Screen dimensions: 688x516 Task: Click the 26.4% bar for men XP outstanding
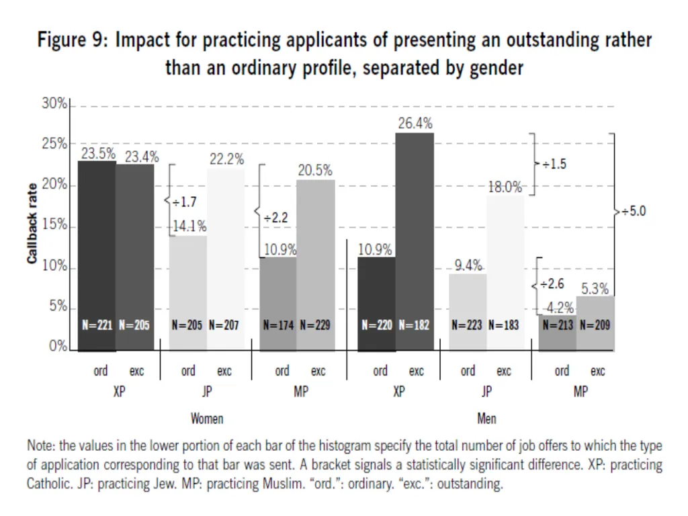[415, 242]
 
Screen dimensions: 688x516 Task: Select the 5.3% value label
[595, 289]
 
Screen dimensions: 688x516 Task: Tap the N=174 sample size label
[278, 325]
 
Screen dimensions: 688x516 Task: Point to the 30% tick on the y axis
[54, 103]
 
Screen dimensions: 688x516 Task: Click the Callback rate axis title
[32, 224]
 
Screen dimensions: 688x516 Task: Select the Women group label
[207, 419]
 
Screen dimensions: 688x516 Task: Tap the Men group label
[486, 419]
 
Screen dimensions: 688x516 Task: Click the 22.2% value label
[227, 159]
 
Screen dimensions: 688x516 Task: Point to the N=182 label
[414, 325]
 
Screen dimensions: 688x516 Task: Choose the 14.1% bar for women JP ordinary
[188, 294]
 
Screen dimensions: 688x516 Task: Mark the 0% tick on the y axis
[58, 346]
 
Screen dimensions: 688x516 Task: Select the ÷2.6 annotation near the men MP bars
[552, 284]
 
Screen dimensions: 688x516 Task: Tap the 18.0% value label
[505, 187]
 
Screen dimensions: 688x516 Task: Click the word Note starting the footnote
[40, 446]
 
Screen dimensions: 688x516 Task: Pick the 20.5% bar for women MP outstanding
[316, 265]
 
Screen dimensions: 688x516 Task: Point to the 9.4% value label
[468, 265]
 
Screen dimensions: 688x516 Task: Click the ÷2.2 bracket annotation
[276, 218]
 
